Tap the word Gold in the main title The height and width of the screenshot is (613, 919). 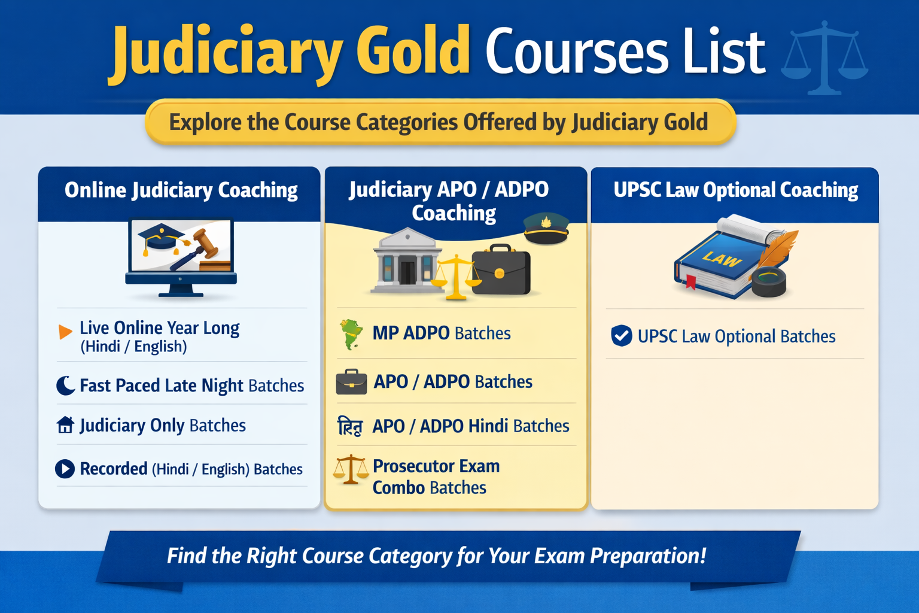click(413, 51)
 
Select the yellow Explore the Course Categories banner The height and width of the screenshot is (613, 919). click(440, 122)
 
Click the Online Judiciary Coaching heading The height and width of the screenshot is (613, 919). click(181, 190)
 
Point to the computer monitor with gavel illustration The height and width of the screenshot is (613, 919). click(181, 256)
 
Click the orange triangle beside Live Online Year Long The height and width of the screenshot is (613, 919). click(65, 332)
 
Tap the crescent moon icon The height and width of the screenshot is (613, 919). click(65, 386)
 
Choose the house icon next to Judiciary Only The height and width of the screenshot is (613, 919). click(65, 425)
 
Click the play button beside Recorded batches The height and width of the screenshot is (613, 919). click(65, 468)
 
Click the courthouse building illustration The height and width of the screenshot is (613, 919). click(407, 261)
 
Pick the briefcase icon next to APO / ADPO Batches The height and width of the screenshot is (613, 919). click(351, 382)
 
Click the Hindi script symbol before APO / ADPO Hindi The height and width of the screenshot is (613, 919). click(350, 426)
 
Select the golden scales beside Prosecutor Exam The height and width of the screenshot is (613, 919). click(351, 470)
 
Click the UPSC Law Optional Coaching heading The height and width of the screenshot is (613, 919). click(735, 190)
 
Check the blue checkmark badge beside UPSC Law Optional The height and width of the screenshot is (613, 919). click(622, 336)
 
